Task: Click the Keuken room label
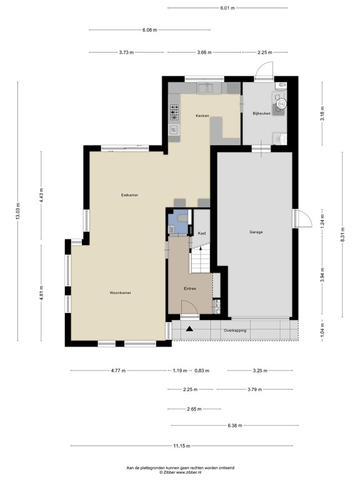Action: pyautogui.click(x=202, y=116)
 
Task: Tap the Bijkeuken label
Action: pyautogui.click(x=261, y=113)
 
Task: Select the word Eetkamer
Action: pyautogui.click(x=129, y=195)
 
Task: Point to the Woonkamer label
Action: pyautogui.click(x=120, y=292)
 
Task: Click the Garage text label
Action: pyautogui.click(x=256, y=232)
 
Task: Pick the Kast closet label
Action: pyautogui.click(x=201, y=233)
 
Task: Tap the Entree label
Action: pyautogui.click(x=190, y=288)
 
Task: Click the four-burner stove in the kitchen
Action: pyautogui.click(x=174, y=112)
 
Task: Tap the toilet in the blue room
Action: pyautogui.click(x=180, y=217)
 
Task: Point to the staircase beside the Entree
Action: pyautogui.click(x=202, y=259)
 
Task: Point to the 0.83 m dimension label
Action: pyautogui.click(x=202, y=371)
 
